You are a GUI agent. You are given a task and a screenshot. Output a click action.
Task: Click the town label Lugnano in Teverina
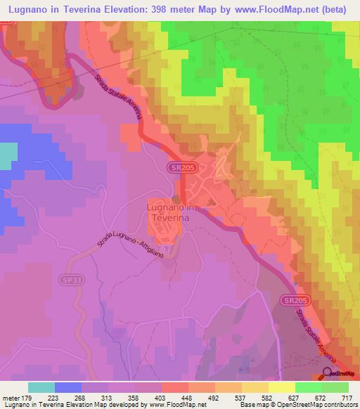pos(170,212)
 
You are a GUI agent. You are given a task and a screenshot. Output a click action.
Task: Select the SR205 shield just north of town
pos(179,167)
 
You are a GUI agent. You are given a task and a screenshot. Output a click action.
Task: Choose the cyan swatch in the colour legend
pos(41,387)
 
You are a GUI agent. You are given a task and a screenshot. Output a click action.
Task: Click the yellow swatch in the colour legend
pos(281,387)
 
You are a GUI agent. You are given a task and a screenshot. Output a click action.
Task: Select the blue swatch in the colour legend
pos(67,387)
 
